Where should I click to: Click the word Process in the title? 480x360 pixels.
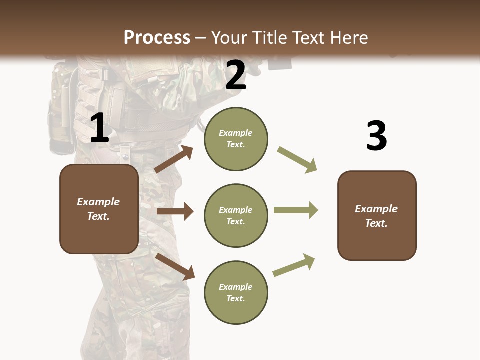click(157, 38)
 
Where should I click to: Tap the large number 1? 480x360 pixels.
click(99, 128)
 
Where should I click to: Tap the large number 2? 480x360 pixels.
click(235, 76)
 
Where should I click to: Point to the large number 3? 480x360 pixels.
click(376, 136)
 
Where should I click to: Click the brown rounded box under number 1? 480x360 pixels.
click(99, 209)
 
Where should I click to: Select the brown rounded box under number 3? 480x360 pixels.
click(377, 216)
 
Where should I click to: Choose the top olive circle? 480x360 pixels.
click(236, 139)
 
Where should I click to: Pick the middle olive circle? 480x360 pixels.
click(236, 216)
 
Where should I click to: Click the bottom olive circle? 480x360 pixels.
click(236, 293)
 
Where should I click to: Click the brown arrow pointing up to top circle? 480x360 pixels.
click(174, 159)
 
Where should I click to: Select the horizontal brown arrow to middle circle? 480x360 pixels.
click(175, 211)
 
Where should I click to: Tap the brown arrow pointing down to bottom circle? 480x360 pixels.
click(175, 266)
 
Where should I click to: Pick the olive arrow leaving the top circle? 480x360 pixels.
click(297, 159)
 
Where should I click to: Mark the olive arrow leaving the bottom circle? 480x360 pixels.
click(294, 265)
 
